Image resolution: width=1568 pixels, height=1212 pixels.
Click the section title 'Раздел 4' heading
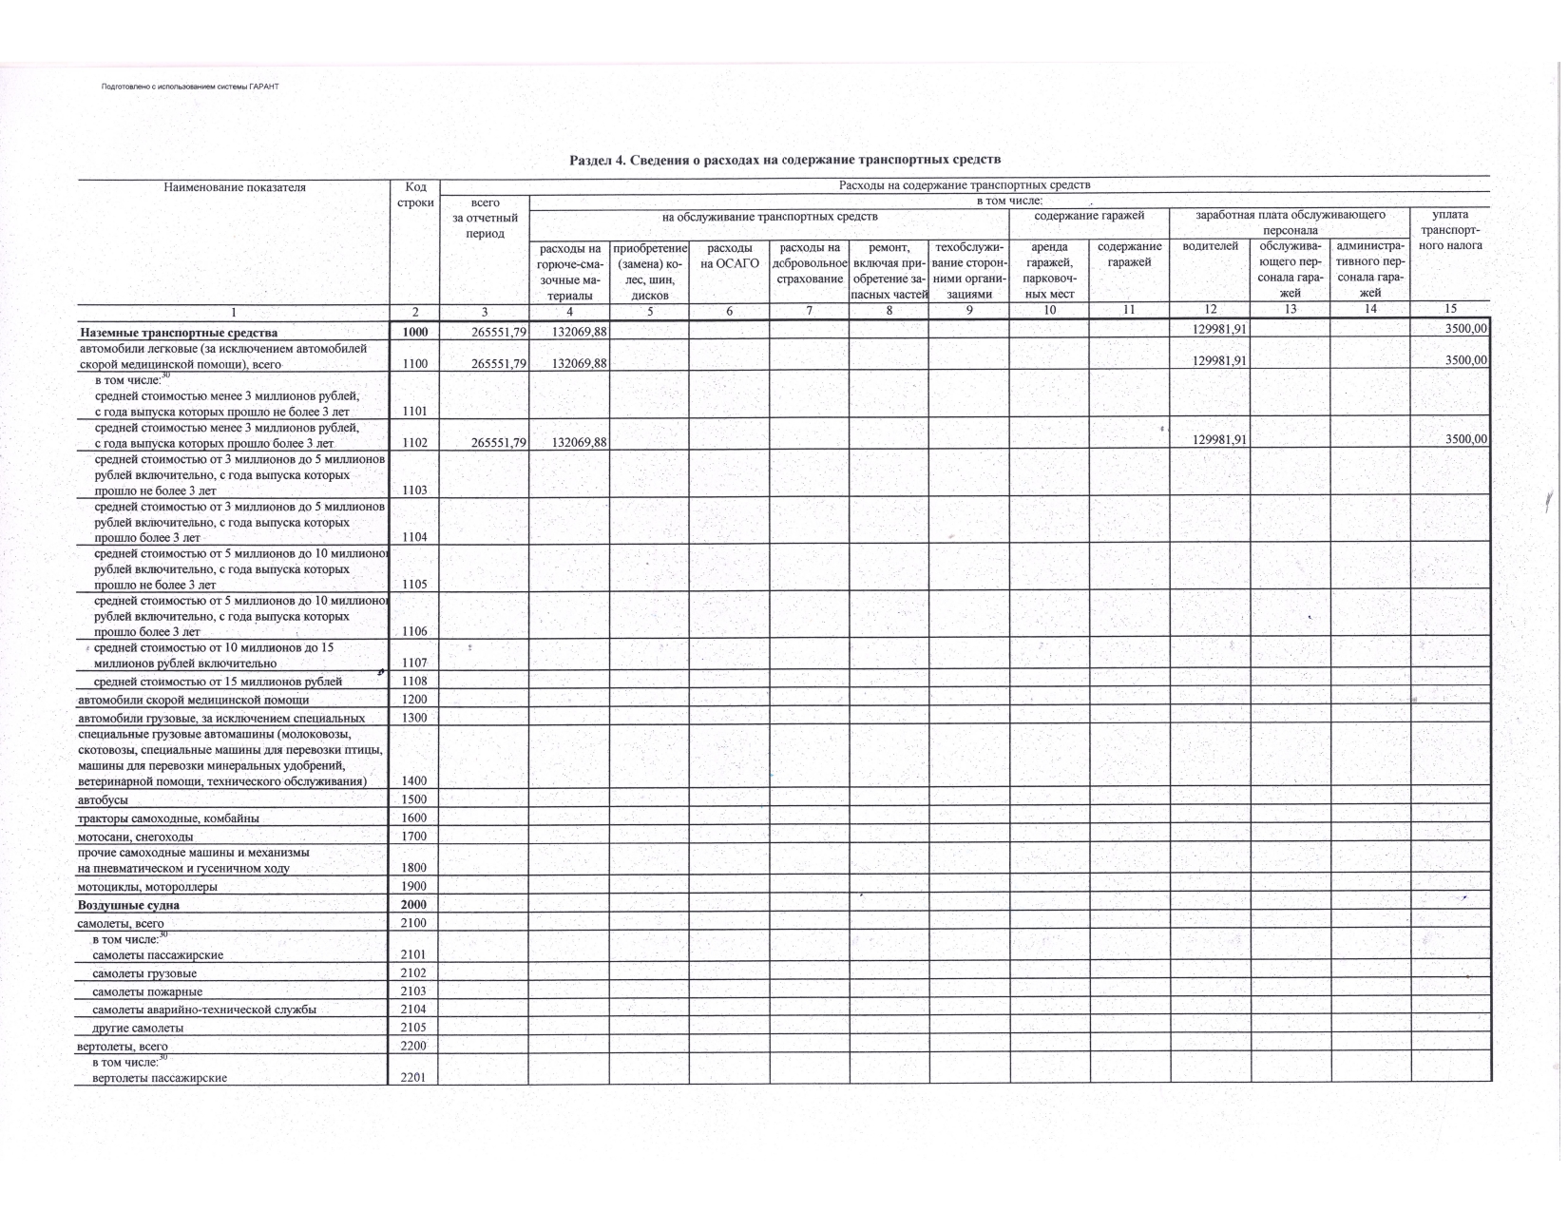(x=784, y=160)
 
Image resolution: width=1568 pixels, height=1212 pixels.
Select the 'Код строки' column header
(x=414, y=195)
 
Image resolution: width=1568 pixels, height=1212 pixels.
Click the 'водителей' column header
(x=1210, y=246)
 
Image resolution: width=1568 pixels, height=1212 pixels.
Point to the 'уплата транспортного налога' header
(x=1449, y=230)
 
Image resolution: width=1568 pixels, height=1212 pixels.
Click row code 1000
(x=414, y=332)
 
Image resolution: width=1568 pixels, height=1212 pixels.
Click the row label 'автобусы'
(x=103, y=799)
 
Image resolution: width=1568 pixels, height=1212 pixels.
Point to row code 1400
(x=414, y=780)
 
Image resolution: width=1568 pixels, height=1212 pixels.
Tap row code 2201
(x=414, y=1078)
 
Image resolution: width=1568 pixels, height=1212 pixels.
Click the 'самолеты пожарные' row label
(x=147, y=991)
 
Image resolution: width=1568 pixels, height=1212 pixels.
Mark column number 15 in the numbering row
(x=1449, y=309)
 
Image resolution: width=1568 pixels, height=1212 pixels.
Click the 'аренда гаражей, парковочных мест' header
(x=1049, y=270)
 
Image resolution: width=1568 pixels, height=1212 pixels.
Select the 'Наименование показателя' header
(x=235, y=187)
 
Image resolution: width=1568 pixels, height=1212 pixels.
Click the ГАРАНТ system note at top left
(x=190, y=87)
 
